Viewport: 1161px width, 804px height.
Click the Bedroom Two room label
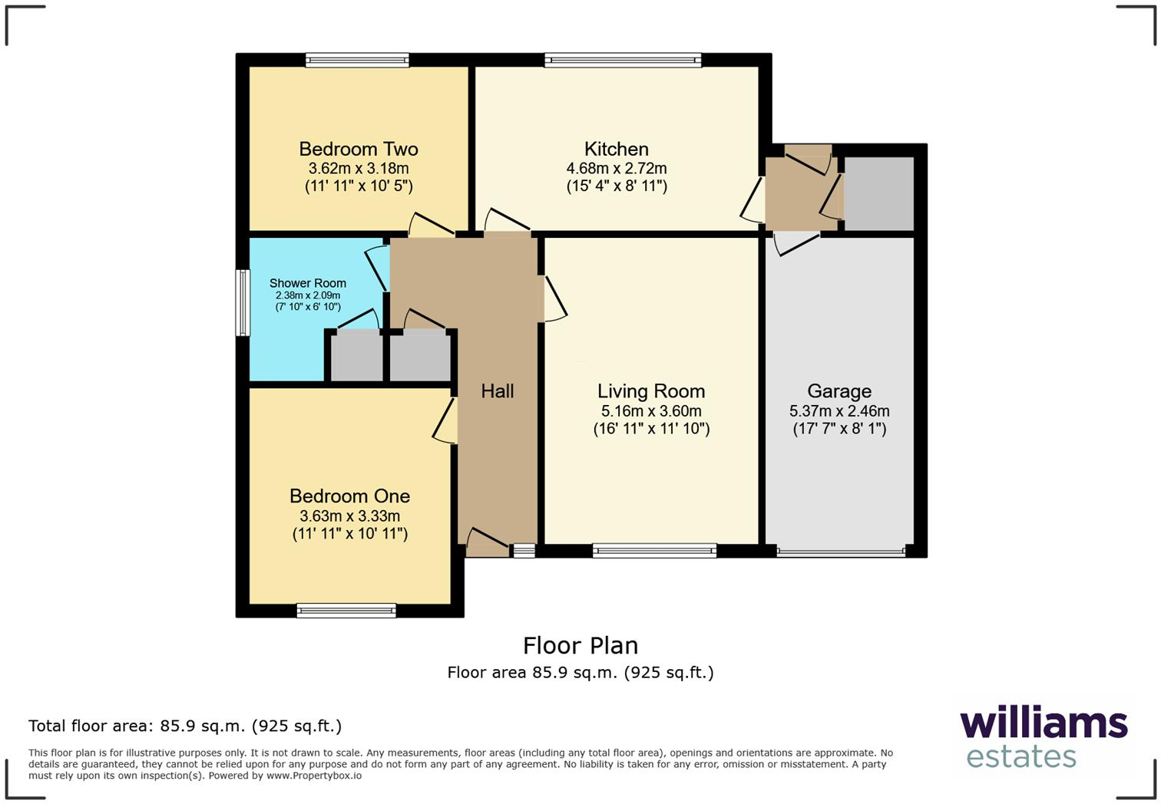(x=358, y=149)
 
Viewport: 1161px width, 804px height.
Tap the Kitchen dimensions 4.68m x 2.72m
(x=616, y=168)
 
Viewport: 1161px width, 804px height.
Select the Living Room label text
(x=651, y=391)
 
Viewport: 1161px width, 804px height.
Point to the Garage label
(x=839, y=391)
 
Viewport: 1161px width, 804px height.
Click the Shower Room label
(x=307, y=283)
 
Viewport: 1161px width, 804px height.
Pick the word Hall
(x=497, y=391)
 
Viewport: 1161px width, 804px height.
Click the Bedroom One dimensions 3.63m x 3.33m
(x=349, y=516)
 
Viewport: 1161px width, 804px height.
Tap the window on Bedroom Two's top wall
(x=357, y=60)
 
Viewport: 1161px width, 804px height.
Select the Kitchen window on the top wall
(x=623, y=60)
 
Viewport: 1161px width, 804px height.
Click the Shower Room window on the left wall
(x=243, y=302)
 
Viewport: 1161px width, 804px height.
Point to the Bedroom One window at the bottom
(x=346, y=611)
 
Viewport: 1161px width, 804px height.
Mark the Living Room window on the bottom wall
(x=654, y=550)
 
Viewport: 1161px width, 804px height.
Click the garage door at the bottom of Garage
(x=841, y=551)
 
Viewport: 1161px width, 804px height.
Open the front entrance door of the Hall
(x=487, y=543)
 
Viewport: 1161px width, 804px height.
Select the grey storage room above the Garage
(x=878, y=193)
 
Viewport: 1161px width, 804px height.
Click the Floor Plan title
(x=580, y=645)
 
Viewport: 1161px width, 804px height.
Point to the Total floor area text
(x=185, y=726)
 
